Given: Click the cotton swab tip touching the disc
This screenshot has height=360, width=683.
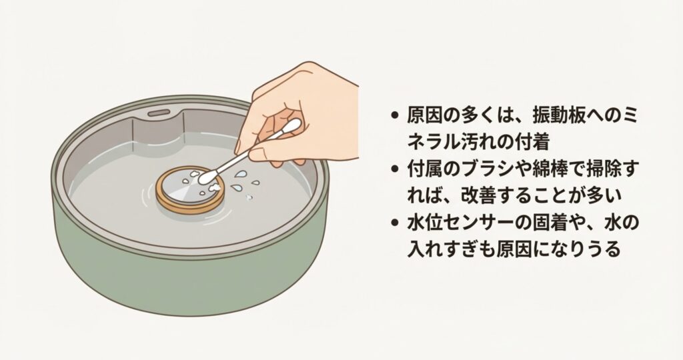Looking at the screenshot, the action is (205, 177).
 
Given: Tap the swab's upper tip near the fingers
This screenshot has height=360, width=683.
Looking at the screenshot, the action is (293, 126).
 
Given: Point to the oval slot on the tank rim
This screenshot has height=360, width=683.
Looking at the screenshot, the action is (159, 113).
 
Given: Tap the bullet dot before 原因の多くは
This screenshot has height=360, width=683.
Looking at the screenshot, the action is (395, 115).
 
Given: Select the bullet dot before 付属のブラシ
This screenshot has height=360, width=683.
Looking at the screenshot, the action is (395, 169).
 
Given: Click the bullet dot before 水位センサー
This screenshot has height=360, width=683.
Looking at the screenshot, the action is (395, 223).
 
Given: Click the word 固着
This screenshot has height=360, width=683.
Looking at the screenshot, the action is (548, 223).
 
